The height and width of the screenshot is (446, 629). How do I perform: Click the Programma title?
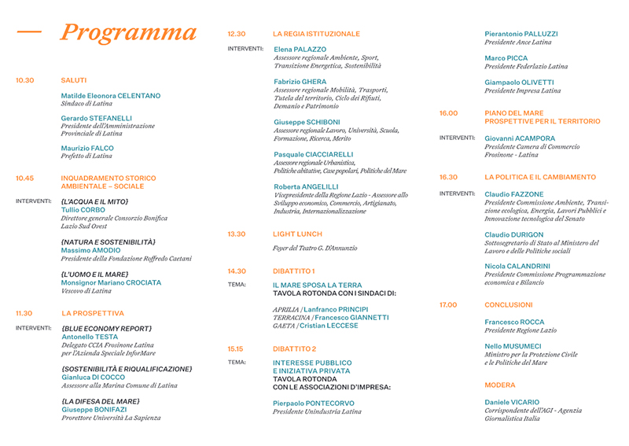point(128,33)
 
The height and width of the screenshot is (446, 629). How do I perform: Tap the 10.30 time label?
point(25,80)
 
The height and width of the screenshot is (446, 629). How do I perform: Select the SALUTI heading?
point(74,80)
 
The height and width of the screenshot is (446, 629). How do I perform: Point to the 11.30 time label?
point(25,313)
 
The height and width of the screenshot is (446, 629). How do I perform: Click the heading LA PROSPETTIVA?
point(93,313)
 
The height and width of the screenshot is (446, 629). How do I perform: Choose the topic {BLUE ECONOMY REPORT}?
point(107,329)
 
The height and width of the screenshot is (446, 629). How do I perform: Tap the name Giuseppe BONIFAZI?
point(95,410)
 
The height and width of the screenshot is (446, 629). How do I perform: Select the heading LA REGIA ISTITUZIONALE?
point(316,34)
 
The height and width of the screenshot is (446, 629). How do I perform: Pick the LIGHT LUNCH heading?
point(297,234)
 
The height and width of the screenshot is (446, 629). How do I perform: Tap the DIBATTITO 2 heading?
point(294,348)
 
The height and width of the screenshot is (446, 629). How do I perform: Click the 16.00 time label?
point(448,113)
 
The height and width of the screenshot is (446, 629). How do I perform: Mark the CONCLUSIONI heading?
point(509,304)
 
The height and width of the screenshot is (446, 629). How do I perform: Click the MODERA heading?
point(500,385)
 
